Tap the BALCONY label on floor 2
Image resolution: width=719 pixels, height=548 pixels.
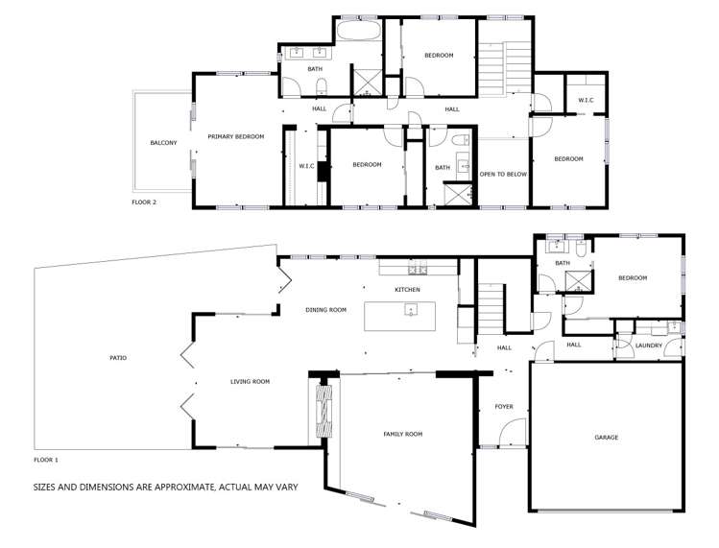[x=163, y=143]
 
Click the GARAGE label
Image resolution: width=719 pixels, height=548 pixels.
[x=606, y=437]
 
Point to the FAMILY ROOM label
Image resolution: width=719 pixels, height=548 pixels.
[x=403, y=435]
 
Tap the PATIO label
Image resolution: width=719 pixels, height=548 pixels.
[x=118, y=358]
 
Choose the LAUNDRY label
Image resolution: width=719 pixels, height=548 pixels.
[x=649, y=345]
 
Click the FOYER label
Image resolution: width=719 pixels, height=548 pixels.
[x=504, y=406]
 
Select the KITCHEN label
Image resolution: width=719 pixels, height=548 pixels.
[x=408, y=289]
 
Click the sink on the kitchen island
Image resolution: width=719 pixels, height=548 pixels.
[x=410, y=309]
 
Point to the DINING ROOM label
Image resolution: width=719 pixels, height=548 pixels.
[x=325, y=309]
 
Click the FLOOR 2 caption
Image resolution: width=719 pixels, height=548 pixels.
[x=144, y=203]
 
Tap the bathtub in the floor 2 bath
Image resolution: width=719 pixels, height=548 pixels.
[x=357, y=34]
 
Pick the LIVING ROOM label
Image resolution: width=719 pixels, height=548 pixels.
[x=250, y=382]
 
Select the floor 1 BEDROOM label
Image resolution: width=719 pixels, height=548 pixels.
[x=633, y=278]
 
